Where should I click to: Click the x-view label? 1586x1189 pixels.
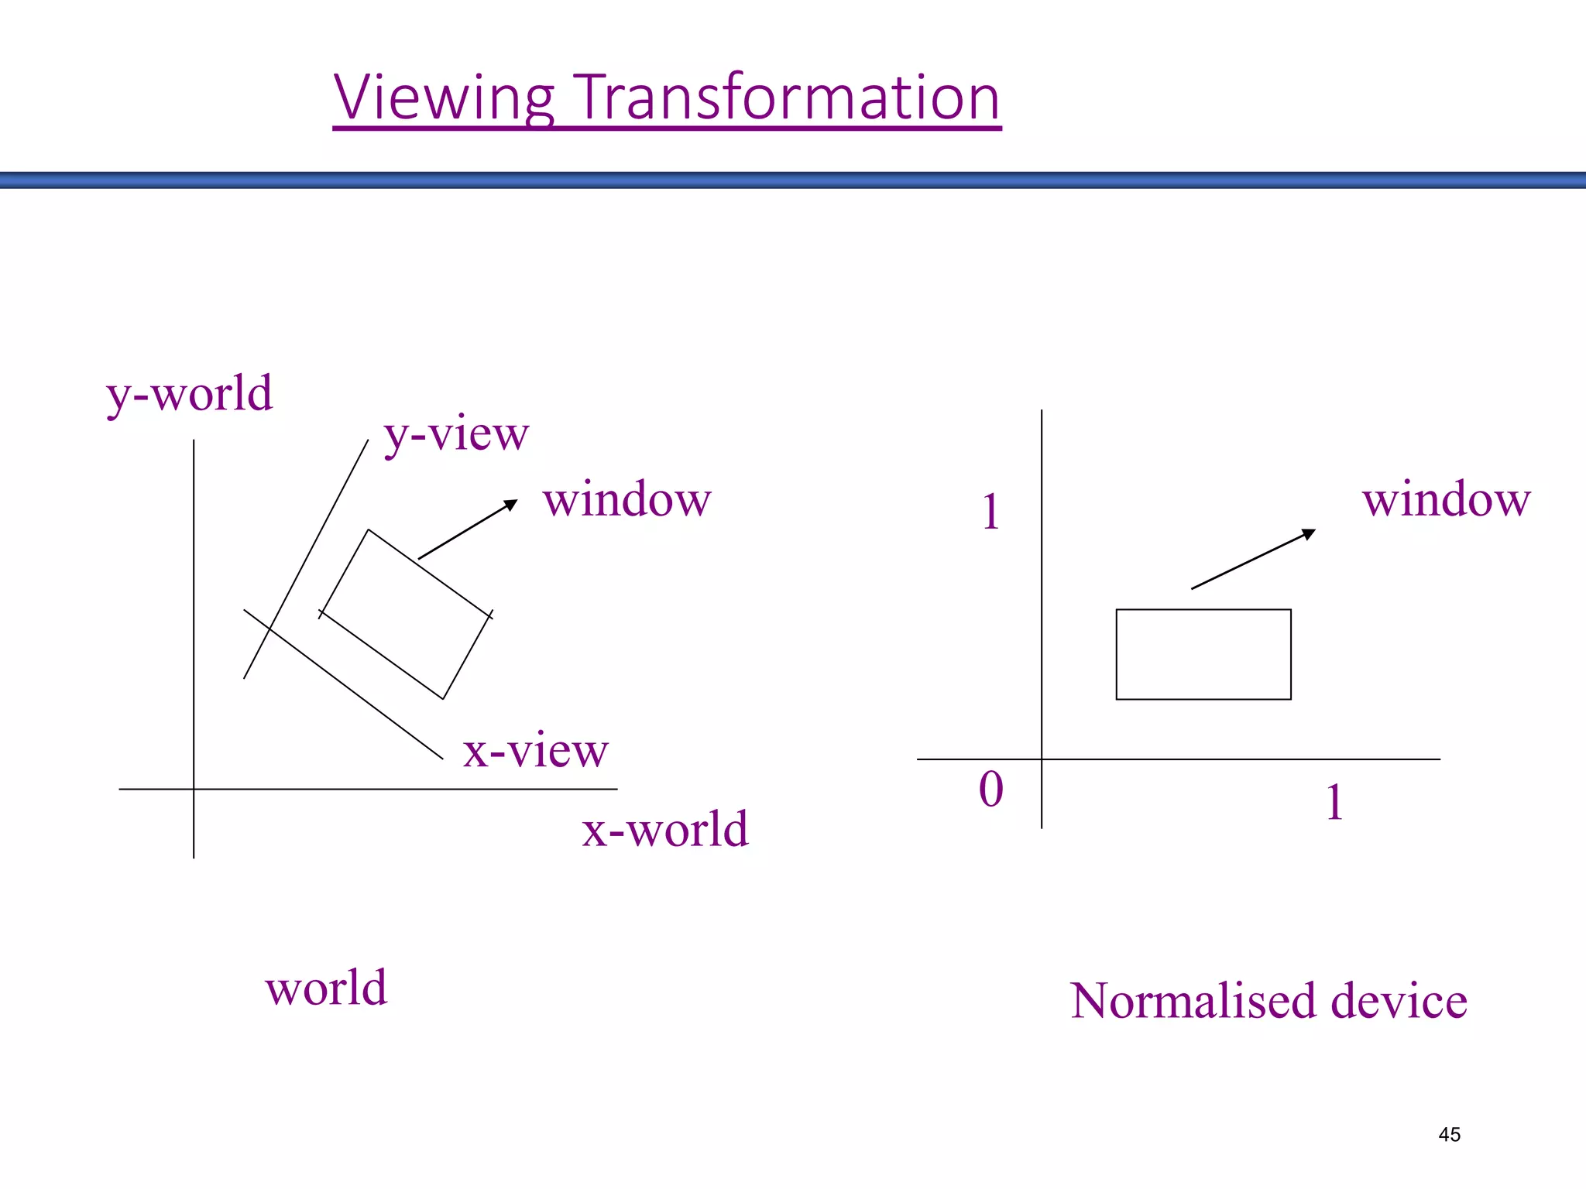tap(535, 750)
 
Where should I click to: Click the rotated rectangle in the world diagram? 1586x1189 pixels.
tap(406, 614)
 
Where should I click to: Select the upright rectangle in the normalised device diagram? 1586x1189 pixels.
tap(1203, 654)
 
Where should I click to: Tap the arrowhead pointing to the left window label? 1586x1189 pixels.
tap(511, 505)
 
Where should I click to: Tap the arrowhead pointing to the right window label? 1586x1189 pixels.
tap(1309, 533)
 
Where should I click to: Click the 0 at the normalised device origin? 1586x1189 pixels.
tap(990, 790)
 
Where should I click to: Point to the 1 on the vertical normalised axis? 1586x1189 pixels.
tap(990, 512)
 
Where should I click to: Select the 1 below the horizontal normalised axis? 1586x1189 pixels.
tap(1334, 802)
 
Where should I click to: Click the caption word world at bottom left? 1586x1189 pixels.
tap(326, 988)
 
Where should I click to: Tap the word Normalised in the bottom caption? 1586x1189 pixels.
tap(1193, 1000)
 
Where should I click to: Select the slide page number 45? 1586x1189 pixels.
tap(1449, 1134)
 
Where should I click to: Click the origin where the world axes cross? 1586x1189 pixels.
tap(194, 789)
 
